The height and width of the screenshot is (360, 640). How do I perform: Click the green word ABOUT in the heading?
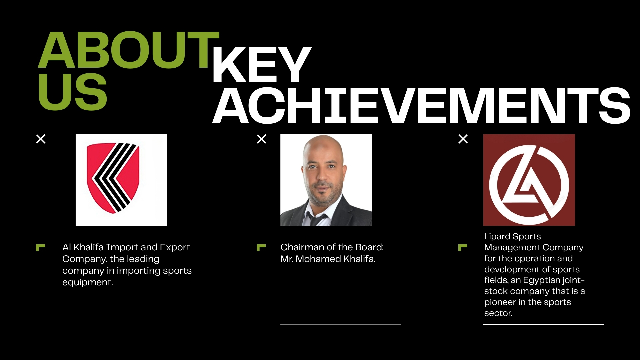(x=129, y=50)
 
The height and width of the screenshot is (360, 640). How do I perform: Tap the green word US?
(x=72, y=92)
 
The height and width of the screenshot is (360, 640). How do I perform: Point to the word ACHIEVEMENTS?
(x=421, y=106)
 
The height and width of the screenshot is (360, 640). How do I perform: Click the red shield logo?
(x=113, y=178)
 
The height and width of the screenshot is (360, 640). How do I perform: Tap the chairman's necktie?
(x=315, y=219)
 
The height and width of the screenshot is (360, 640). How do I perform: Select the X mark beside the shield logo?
(x=41, y=139)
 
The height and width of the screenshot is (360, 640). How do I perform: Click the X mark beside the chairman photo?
(x=262, y=139)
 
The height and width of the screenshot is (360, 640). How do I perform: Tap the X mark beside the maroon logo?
(x=463, y=139)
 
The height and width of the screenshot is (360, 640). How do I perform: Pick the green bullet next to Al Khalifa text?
(x=40, y=247)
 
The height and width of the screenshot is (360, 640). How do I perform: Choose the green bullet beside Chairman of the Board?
(x=261, y=247)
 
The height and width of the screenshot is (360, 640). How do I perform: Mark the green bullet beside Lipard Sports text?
(x=463, y=247)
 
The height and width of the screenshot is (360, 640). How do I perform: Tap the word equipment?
(x=88, y=283)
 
